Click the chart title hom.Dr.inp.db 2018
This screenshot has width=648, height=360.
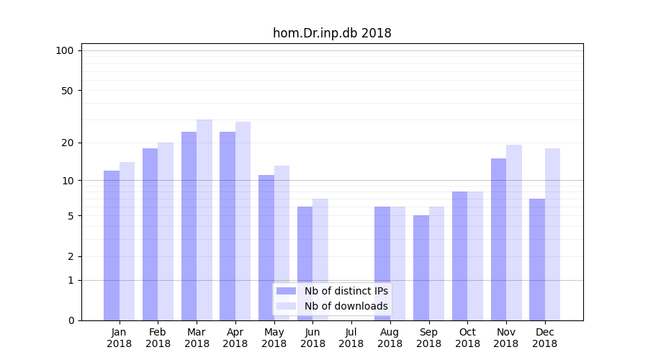click(x=332, y=33)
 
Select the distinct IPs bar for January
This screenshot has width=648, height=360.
click(x=112, y=245)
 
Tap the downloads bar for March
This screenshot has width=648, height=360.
click(x=204, y=220)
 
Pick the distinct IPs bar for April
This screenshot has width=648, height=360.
click(x=228, y=225)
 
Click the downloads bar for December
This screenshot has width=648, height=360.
click(x=552, y=234)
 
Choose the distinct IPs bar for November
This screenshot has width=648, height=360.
click(x=498, y=239)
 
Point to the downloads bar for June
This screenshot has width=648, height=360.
click(x=320, y=259)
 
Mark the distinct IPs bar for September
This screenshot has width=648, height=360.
click(x=421, y=267)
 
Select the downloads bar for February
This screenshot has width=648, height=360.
click(x=166, y=231)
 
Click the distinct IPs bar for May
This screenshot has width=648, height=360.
click(x=266, y=247)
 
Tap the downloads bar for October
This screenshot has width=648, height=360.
click(x=475, y=256)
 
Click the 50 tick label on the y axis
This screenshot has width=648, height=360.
click(x=67, y=91)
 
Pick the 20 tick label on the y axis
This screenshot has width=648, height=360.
click(x=67, y=143)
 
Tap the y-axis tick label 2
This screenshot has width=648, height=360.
click(x=70, y=256)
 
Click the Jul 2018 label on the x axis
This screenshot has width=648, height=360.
click(x=351, y=338)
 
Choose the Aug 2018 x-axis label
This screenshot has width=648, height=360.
click(x=390, y=338)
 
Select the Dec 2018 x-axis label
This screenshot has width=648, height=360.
click(x=544, y=338)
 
